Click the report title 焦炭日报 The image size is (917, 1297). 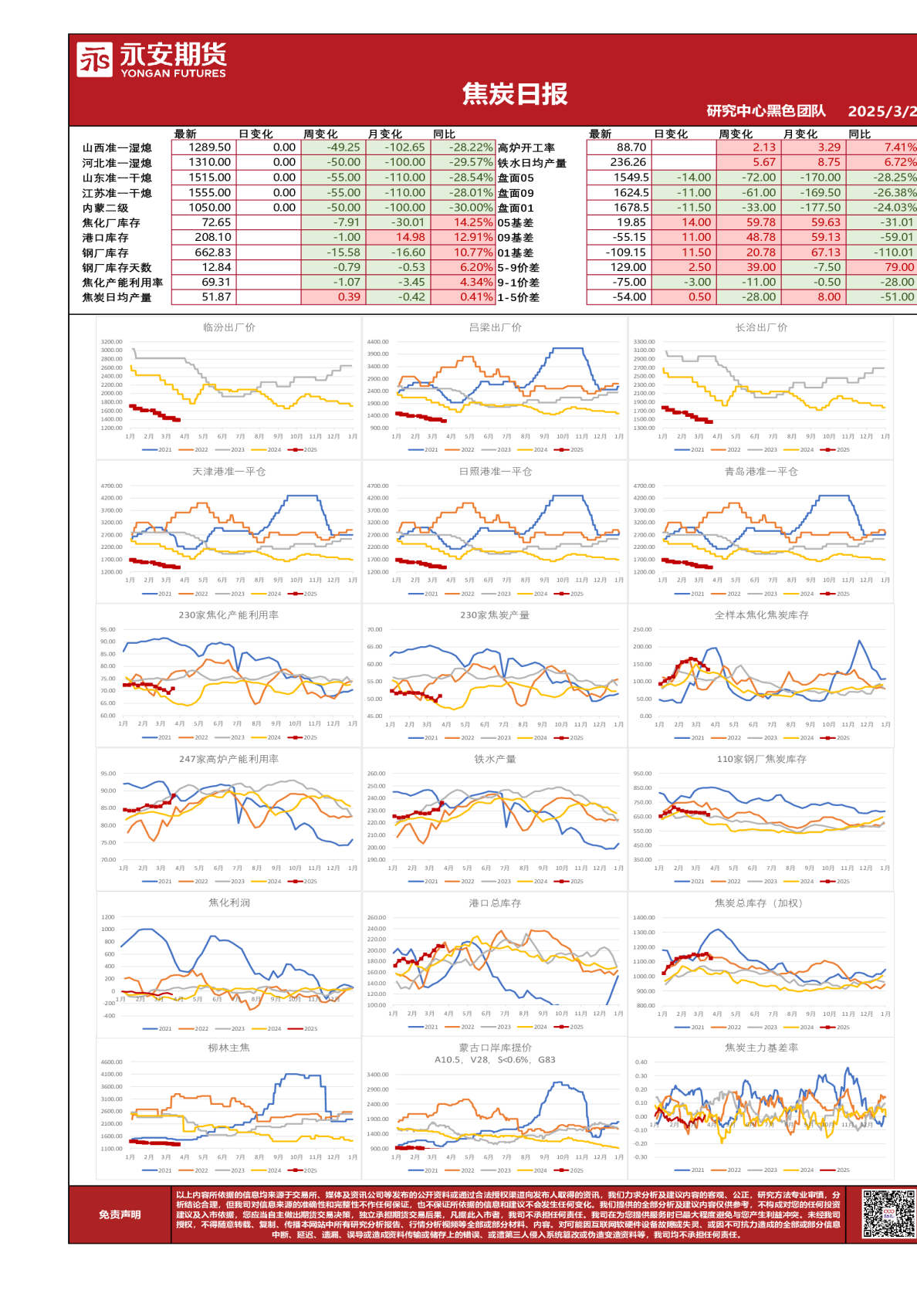click(515, 94)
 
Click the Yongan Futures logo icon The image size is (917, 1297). click(94, 59)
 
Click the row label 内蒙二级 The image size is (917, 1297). click(106, 208)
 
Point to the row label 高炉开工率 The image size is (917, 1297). click(526, 147)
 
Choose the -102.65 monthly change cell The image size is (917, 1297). click(396, 147)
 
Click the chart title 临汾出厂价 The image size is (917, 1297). click(228, 327)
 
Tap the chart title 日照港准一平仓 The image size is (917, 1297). click(495, 471)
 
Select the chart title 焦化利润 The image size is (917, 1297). click(228, 902)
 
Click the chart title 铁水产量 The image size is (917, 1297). click(495, 759)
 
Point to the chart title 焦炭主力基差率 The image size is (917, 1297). click(761, 1048)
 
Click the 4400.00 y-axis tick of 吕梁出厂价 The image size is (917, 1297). click(378, 342)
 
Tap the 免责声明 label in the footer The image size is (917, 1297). click(120, 1214)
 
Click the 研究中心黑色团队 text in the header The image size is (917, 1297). click(766, 111)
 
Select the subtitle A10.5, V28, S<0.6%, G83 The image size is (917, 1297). click(495, 1060)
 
